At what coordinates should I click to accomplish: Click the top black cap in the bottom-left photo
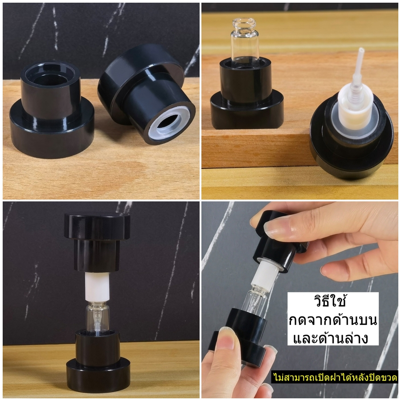tap(97, 241)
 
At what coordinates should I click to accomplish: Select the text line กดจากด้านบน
tap(332, 320)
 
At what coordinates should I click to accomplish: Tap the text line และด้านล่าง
tap(331, 338)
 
